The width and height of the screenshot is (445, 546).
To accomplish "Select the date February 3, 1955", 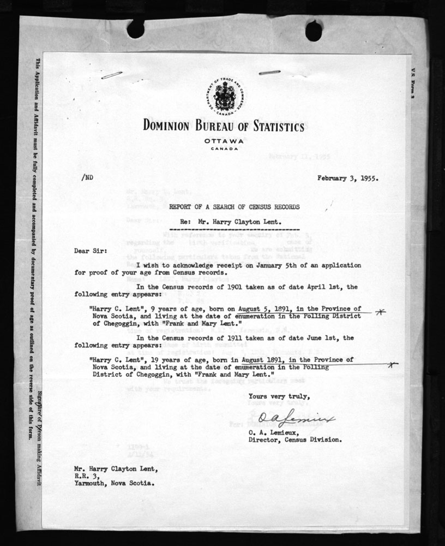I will click(347, 178).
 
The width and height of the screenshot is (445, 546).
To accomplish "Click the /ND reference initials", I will click(86, 177).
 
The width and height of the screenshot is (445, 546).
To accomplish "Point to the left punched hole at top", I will click(135, 29).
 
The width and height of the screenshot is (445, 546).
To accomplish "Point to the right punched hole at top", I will click(314, 31).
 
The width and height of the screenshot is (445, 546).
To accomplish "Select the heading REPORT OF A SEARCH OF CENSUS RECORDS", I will click(234, 208).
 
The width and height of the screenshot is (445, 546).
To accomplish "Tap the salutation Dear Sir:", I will click(91, 252).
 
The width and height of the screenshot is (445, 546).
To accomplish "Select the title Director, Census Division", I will click(295, 439).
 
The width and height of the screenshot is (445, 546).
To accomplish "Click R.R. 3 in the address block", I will click(83, 475).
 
